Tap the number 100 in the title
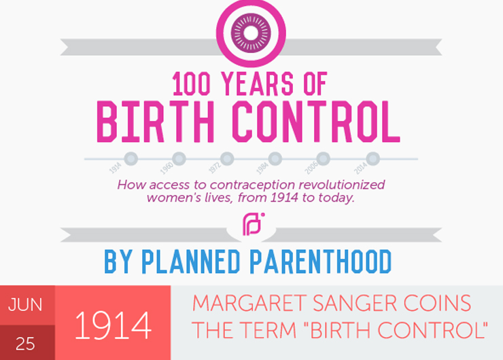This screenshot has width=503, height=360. (x=194, y=85)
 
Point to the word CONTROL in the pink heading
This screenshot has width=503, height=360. (x=317, y=120)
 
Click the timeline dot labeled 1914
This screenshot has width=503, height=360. (x=131, y=159)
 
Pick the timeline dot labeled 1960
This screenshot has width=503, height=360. (x=179, y=159)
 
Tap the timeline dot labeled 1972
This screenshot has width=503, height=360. (x=227, y=159)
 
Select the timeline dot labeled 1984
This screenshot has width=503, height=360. (x=275, y=159)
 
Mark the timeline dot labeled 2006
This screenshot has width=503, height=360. (x=324, y=159)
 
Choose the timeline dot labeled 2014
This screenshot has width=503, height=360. (x=371, y=159)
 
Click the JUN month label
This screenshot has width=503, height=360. (x=26, y=305)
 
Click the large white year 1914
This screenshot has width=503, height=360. (x=112, y=325)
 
